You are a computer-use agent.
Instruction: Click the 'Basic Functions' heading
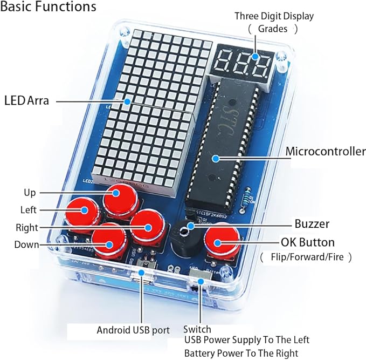[x=49, y=7]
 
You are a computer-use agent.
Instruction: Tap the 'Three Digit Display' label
[x=274, y=16]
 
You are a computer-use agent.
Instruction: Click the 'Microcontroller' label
[x=325, y=151]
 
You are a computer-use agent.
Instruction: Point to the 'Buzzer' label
[x=312, y=222]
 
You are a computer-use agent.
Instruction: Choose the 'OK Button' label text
[x=307, y=242]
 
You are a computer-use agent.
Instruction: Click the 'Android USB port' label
[x=133, y=330]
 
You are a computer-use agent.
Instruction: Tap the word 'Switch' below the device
[x=197, y=329]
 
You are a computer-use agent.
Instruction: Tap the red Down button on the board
[x=109, y=240]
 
